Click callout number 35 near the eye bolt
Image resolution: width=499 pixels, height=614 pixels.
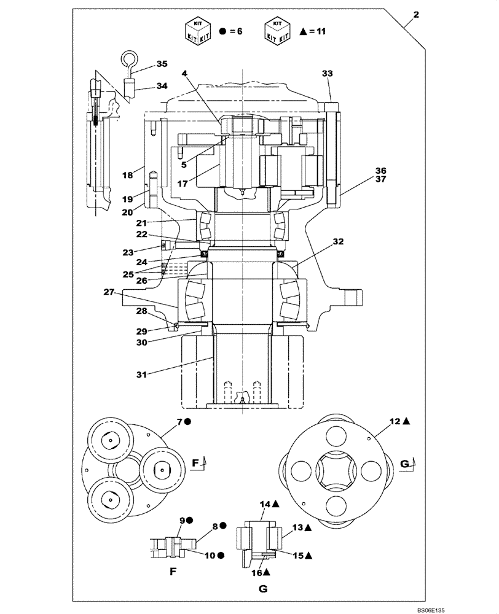(x=162, y=64)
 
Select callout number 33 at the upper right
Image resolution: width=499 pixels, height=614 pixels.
(x=328, y=74)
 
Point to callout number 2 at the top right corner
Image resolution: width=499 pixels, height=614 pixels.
(x=416, y=15)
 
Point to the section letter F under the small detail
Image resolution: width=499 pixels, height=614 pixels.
(x=173, y=570)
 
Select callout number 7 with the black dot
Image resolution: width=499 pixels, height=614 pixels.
(x=180, y=421)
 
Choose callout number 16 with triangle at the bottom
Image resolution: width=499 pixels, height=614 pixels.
(x=257, y=572)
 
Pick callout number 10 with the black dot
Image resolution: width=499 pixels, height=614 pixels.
(x=211, y=555)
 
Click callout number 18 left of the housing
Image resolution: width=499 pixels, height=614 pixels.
(x=127, y=175)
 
